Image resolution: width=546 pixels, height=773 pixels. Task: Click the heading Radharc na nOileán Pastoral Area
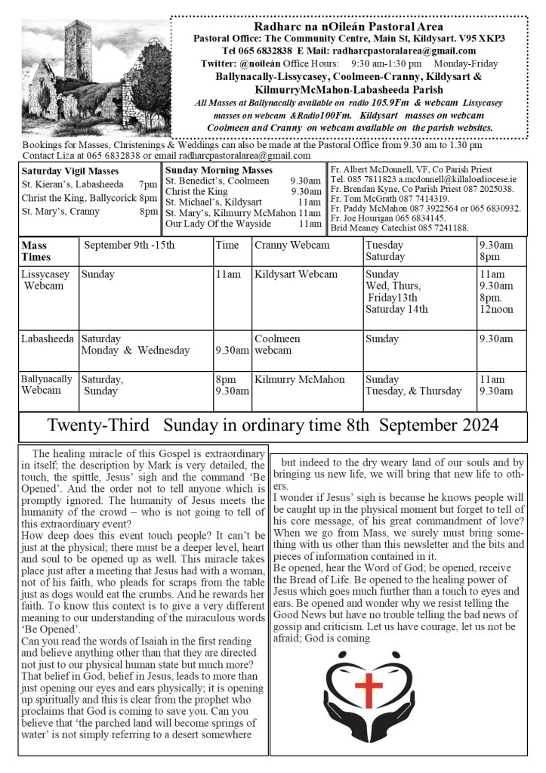tap(348, 26)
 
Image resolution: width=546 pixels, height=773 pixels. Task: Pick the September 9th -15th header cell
tap(129, 245)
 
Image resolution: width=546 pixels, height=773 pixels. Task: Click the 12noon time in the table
tap(496, 308)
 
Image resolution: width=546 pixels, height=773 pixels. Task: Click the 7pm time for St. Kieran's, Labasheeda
tap(148, 184)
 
